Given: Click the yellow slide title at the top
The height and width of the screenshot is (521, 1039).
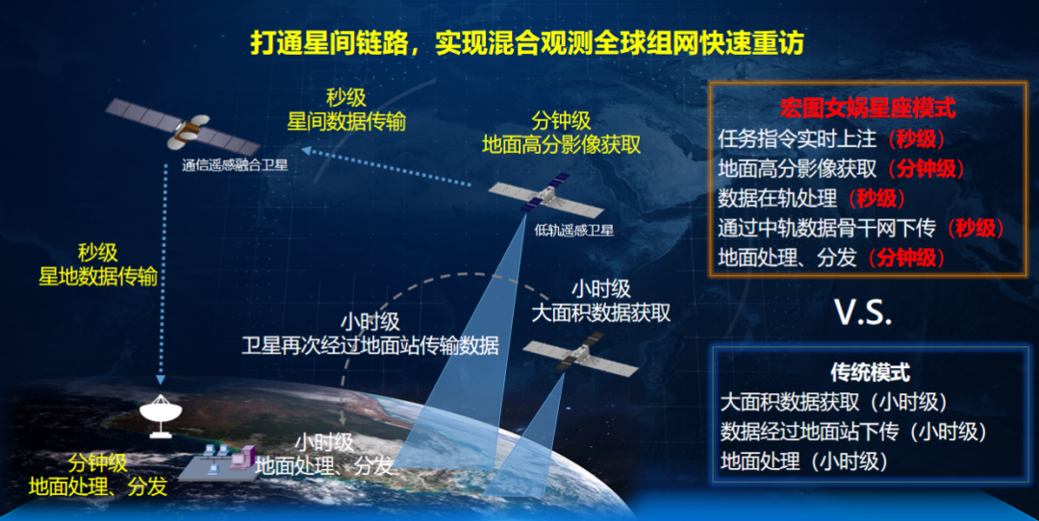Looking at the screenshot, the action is pos(527,43).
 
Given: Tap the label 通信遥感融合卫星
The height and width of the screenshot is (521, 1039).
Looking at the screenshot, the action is pos(236,164).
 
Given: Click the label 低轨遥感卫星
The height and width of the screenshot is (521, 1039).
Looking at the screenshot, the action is pos(573,231).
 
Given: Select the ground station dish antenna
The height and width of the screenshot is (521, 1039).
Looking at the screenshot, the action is pos(161,415).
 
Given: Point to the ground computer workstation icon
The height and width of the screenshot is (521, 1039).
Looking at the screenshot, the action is pos(218,461).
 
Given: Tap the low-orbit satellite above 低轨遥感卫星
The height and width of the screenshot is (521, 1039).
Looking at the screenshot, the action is pos(545,195).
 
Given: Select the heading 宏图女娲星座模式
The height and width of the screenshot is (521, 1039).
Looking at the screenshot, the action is pos(868,108).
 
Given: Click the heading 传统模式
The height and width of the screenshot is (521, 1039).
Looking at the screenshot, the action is pos(871,372).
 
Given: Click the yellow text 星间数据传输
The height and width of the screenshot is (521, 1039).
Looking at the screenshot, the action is pos(346,122).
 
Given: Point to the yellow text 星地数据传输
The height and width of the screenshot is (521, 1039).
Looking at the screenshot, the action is pos(98,276).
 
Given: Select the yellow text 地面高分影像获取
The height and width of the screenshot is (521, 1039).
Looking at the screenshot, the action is pos(561,144).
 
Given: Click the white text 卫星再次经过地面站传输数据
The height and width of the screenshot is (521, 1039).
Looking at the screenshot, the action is pos(370,345).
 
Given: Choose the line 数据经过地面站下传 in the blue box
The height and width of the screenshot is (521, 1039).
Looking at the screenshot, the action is pos(809,432).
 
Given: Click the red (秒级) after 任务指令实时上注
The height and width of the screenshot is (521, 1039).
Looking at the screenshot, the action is pos(917,139).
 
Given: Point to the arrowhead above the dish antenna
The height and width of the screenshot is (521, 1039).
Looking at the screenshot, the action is pos(161,380).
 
